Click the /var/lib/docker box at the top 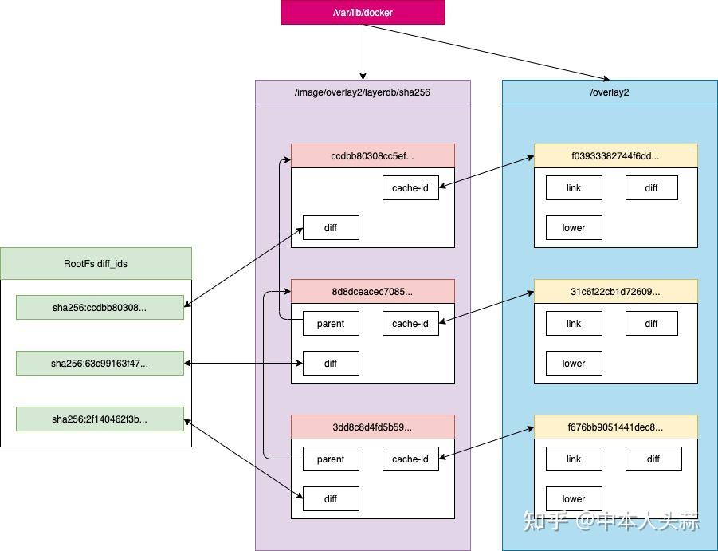[363, 13]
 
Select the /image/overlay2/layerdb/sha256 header [363, 92]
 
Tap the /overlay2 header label [610, 92]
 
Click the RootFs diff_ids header [96, 264]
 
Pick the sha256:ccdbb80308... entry [100, 308]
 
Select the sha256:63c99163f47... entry [100, 364]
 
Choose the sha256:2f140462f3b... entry [100, 419]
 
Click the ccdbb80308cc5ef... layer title [372, 156]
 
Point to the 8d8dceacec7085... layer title [372, 292]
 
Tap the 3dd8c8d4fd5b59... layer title [372, 427]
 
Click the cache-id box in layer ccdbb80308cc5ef [410, 188]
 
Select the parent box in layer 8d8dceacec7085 [331, 324]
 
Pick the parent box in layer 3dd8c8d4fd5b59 [331, 459]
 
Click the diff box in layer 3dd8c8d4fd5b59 [331, 499]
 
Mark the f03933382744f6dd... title [615, 156]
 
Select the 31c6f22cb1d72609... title [615, 292]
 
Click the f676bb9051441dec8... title [615, 427]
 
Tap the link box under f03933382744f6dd [574, 188]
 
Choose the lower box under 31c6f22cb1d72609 [574, 364]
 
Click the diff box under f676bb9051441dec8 [653, 459]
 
